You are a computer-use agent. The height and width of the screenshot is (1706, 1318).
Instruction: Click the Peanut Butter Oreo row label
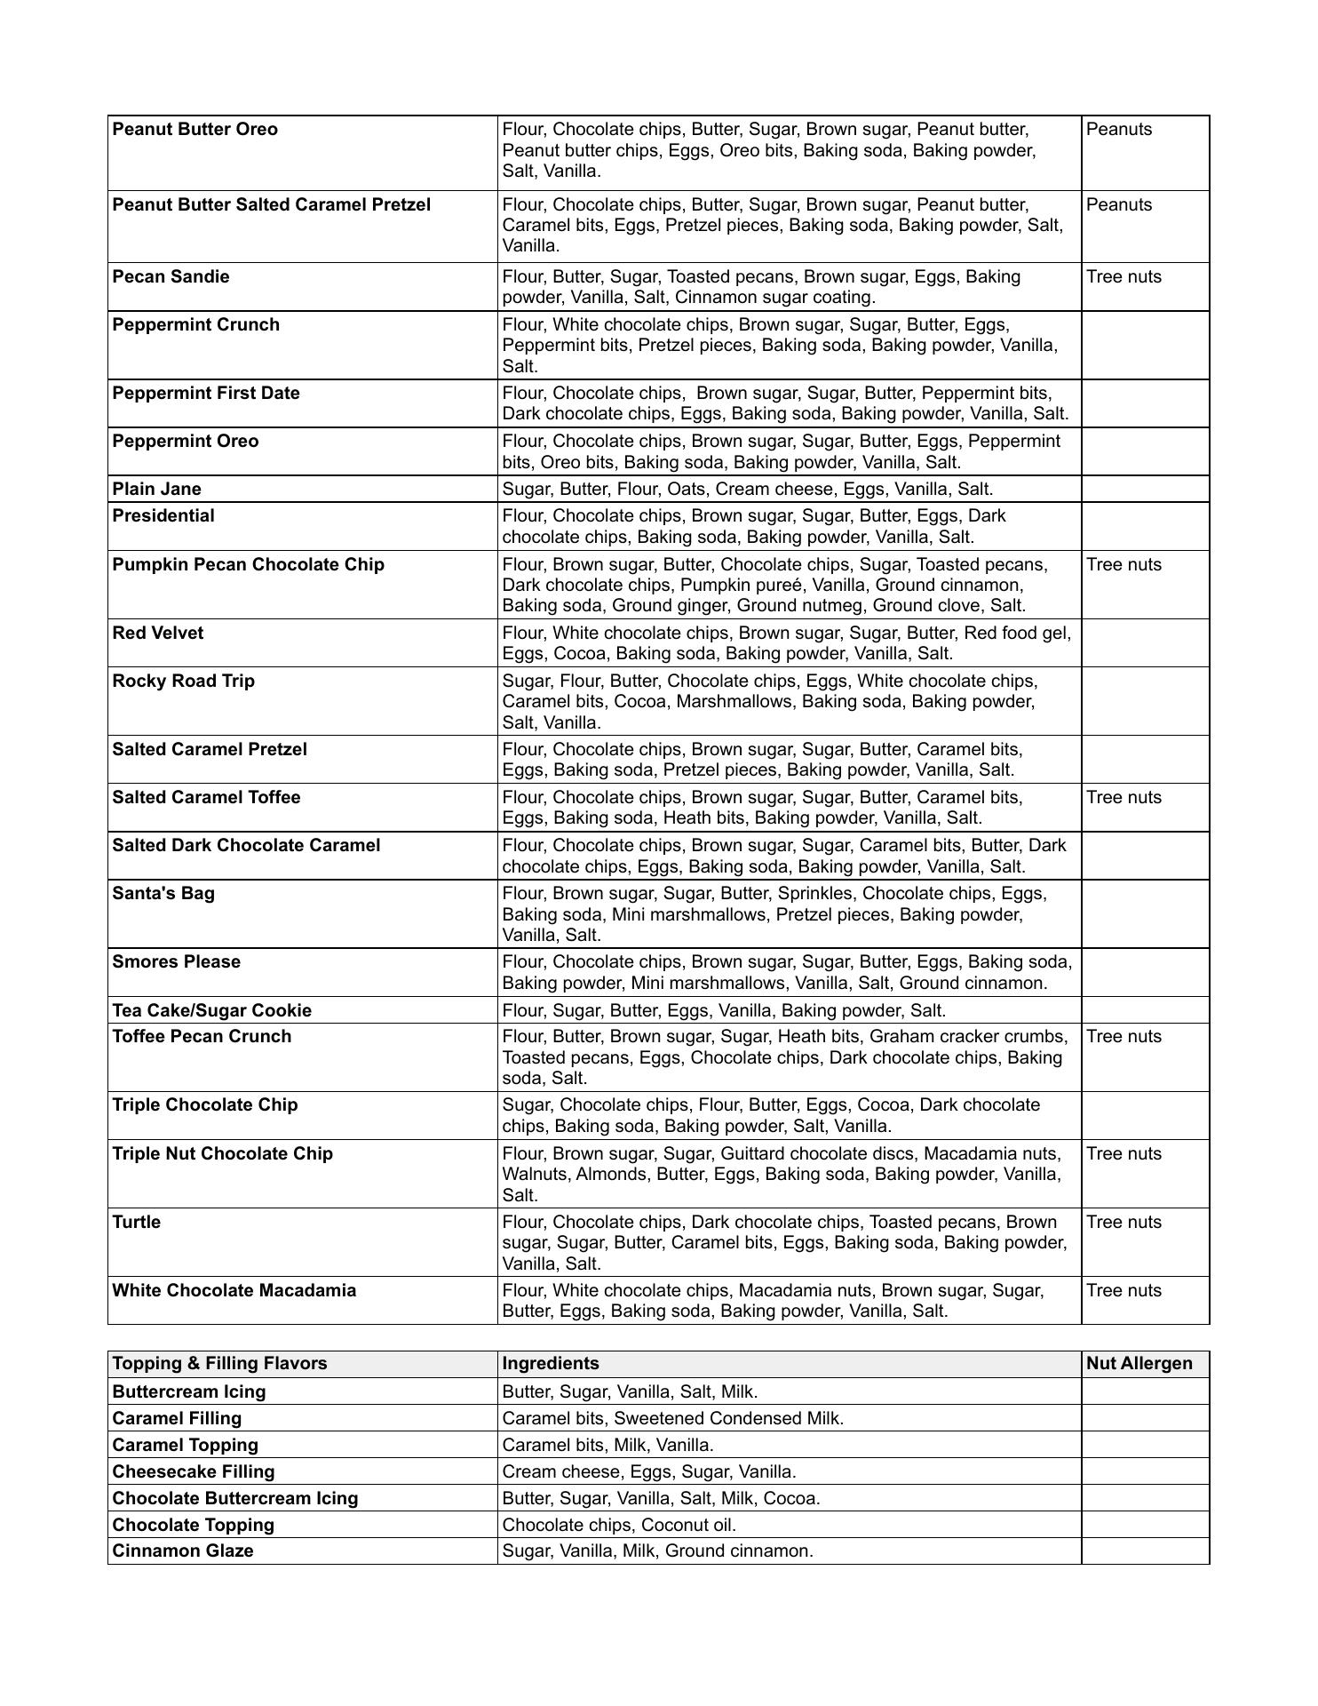pos(195,130)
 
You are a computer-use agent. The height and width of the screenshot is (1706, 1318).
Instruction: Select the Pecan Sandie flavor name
pos(171,277)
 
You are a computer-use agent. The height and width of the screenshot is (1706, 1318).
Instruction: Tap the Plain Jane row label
pos(156,490)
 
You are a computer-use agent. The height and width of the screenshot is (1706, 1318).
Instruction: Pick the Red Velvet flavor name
pos(157,634)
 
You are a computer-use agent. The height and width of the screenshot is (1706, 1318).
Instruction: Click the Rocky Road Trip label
pos(183,682)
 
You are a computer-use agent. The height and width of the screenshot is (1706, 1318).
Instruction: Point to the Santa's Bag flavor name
pos(163,894)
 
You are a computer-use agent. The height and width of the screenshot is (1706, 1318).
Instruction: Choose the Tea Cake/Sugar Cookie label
pos(211,1010)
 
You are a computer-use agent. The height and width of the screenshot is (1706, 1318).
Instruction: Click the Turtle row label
pos(137,1223)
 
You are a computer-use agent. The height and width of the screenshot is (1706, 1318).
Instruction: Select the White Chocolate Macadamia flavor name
pos(234,1291)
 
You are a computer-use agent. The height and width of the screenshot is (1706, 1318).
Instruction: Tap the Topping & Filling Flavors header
pos(219,1364)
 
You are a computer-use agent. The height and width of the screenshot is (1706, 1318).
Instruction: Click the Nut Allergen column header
pos(1139,1364)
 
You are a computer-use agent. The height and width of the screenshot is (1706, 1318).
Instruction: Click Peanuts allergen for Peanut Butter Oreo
pos(1119,130)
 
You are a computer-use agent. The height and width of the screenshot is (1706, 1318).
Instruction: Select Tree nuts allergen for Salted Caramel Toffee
pos(1123,798)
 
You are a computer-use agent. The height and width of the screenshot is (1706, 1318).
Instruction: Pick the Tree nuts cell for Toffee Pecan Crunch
pos(1123,1037)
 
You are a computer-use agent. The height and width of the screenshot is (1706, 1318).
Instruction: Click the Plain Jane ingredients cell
pos(748,490)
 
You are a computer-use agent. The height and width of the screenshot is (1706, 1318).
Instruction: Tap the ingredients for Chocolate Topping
pos(619,1526)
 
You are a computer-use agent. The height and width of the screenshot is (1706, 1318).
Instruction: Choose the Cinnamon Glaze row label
pos(183,1551)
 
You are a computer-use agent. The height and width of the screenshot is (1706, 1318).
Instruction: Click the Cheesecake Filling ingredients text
pos(649,1472)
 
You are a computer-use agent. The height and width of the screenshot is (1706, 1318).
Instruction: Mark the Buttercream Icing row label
pos(189,1392)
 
